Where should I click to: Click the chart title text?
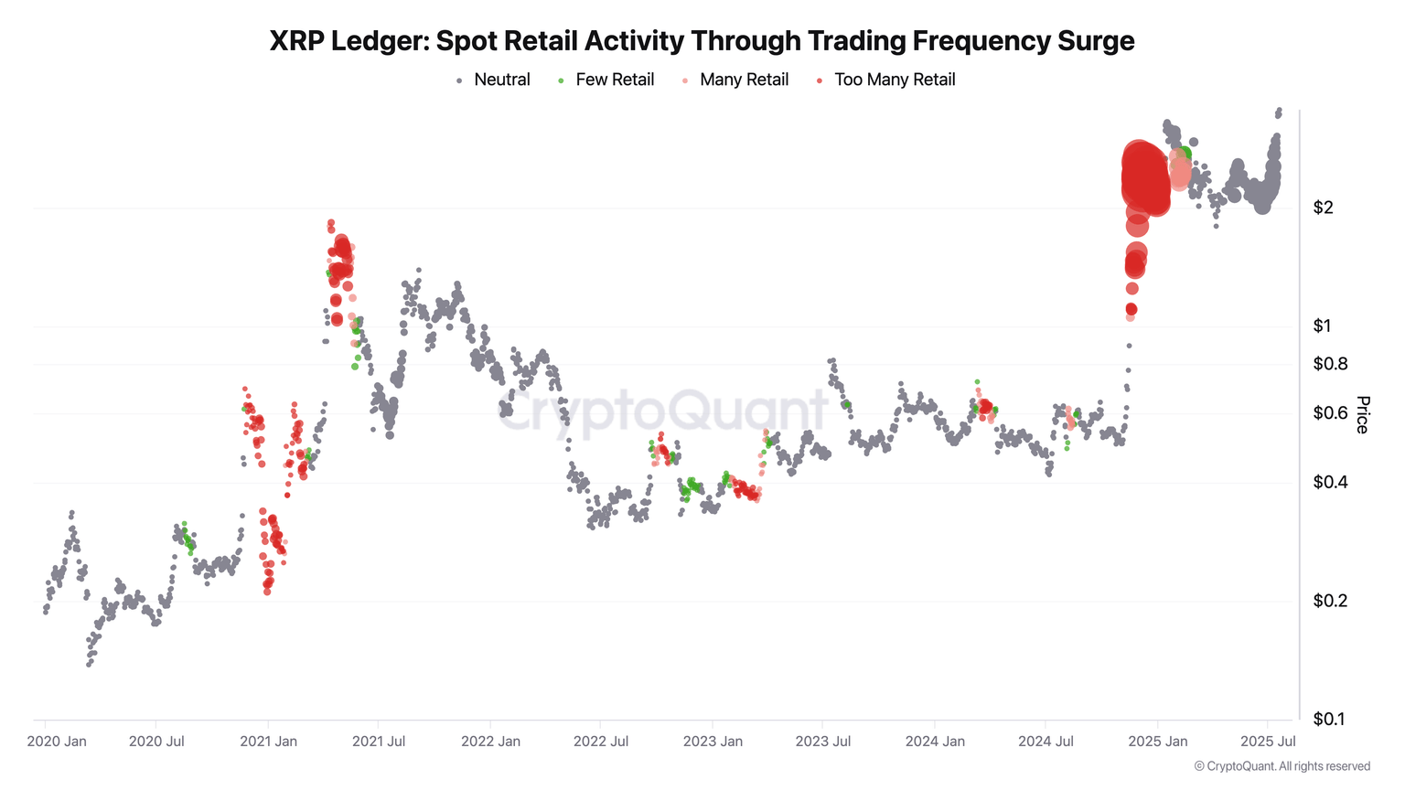click(702, 41)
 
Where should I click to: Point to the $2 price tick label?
click(1323, 208)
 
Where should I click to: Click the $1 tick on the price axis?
click(1323, 326)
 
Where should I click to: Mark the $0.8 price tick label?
click(1330, 364)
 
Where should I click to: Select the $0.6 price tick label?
click(1330, 413)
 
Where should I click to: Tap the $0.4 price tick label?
click(1330, 482)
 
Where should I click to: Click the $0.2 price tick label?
click(1330, 601)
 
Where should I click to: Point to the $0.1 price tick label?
click(1329, 720)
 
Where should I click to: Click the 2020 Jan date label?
click(57, 742)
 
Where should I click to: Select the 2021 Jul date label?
click(379, 742)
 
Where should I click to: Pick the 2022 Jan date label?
click(490, 742)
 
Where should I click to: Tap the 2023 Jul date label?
click(823, 742)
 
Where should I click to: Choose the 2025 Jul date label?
click(1268, 742)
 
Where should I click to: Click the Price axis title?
click(1363, 414)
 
